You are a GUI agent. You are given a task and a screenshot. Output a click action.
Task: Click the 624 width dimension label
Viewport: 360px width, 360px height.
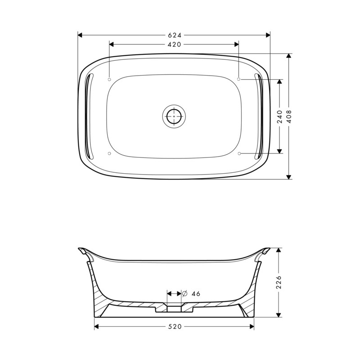175,35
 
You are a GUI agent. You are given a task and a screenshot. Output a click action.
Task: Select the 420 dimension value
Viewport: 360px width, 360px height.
174,45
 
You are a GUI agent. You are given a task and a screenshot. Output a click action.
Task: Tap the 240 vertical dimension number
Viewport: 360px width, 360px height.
279,117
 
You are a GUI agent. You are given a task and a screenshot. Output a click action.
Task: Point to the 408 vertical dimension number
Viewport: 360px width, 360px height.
289,117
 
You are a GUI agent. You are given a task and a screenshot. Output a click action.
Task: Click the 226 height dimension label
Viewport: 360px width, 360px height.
279,282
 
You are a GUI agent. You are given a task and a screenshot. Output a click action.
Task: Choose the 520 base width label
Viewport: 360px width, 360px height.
175,327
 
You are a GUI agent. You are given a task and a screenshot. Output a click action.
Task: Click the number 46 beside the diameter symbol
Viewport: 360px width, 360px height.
196,294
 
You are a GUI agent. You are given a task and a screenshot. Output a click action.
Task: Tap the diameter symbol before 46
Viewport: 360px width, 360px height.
185,294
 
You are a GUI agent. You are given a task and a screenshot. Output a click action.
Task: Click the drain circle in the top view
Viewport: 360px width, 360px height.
174,116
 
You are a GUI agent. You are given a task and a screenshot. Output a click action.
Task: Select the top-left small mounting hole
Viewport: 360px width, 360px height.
109,79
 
